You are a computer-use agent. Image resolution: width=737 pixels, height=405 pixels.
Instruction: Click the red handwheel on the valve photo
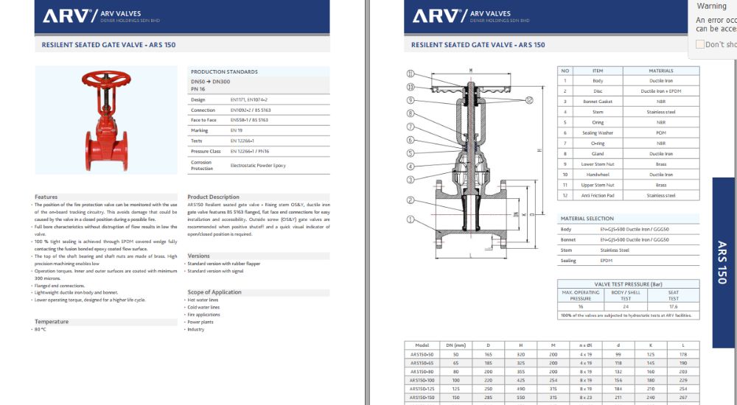102,77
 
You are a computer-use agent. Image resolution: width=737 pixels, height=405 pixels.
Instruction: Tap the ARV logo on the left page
66,15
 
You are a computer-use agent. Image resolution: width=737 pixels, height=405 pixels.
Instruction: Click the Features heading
46,197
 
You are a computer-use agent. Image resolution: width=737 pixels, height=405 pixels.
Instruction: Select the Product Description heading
213,197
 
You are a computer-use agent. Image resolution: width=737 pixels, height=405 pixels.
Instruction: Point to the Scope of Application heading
214,292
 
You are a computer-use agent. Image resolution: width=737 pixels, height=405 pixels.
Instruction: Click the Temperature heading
51,322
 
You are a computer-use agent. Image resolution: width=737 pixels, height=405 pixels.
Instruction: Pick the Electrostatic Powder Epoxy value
258,166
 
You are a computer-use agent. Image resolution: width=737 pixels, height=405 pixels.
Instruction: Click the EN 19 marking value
237,130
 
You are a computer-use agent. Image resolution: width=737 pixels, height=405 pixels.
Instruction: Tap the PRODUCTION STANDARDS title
224,71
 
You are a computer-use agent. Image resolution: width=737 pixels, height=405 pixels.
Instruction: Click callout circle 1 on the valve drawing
410,219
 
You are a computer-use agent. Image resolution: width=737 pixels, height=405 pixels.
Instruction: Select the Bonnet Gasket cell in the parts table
598,102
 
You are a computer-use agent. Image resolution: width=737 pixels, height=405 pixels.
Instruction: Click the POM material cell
661,133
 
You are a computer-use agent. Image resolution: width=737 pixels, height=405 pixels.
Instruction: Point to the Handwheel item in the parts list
598,175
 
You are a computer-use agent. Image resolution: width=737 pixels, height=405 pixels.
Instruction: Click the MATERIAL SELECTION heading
587,219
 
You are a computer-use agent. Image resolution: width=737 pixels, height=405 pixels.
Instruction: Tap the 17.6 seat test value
673,307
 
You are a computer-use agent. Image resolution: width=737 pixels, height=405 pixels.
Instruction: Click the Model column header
422,345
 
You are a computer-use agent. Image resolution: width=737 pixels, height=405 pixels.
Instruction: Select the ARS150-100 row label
422,379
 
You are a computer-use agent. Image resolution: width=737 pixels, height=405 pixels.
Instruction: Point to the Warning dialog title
711,6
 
